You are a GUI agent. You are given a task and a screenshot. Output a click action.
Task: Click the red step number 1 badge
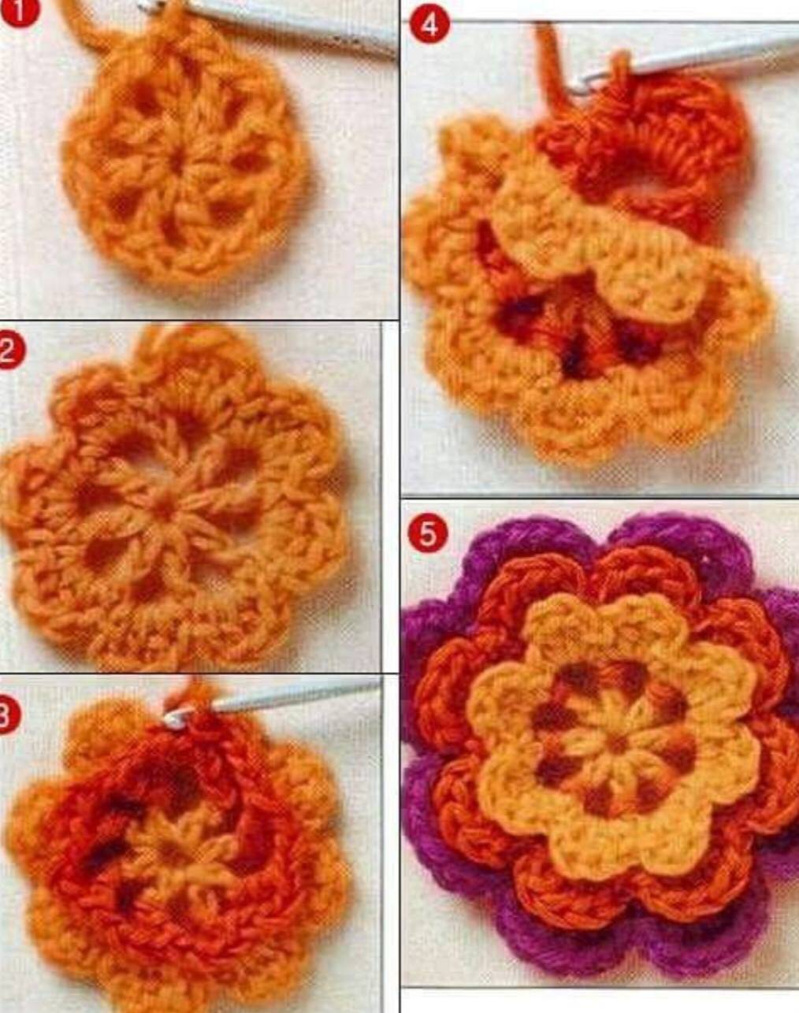[18, 10]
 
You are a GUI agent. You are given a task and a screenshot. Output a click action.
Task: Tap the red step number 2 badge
[10, 351]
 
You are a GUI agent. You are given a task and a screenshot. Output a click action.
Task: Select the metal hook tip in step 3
[175, 719]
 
